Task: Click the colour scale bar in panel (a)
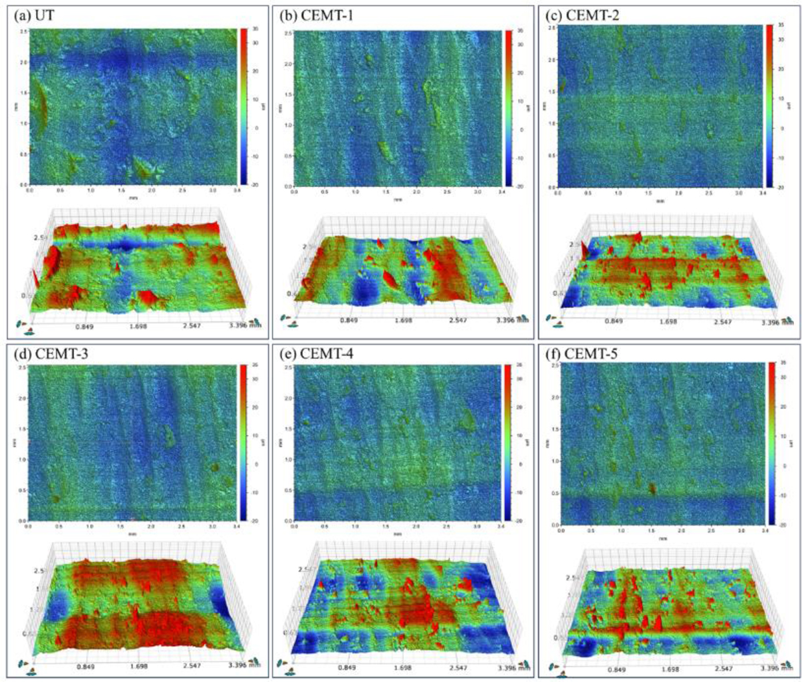[x=243, y=106]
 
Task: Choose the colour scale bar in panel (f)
[x=771, y=444]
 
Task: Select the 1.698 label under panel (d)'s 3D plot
[x=139, y=665]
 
